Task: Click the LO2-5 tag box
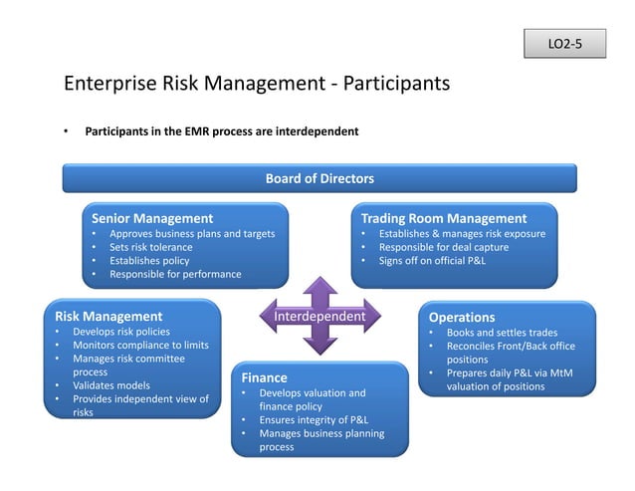564,44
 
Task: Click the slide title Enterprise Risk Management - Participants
257,84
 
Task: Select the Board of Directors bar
319,178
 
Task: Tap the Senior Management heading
152,218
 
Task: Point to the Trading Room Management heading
443,218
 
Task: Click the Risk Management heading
108,316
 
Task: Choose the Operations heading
461,318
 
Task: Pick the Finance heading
264,377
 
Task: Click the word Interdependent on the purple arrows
319,317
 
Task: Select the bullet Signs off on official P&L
431,261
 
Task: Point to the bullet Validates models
110,385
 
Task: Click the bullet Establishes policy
149,261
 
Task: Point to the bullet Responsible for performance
175,275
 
